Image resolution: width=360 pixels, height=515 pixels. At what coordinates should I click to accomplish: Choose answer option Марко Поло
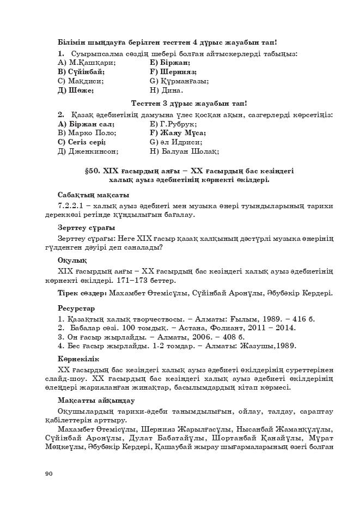(x=87, y=132)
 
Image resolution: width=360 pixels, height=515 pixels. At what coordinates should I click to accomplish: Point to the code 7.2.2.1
(x=74, y=205)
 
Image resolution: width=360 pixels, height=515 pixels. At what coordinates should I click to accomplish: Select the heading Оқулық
(x=72, y=260)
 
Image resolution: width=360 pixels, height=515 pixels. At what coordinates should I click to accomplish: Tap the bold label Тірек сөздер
(x=82, y=293)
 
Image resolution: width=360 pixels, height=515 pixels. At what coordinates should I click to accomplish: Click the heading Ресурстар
(x=76, y=308)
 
